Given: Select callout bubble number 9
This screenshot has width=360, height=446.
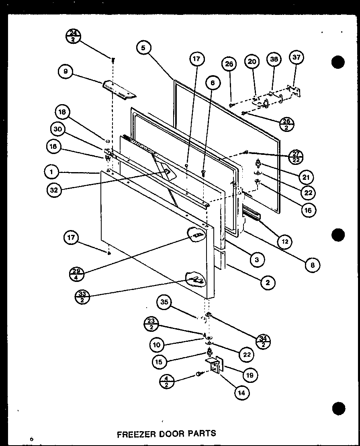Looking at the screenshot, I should (65, 72).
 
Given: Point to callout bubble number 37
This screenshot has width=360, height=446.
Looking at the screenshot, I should (296, 58).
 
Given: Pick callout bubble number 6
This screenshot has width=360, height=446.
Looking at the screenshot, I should (212, 83).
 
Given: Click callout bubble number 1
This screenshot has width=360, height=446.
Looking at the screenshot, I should (51, 173).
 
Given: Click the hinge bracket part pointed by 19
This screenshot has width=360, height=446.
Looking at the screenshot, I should (217, 366).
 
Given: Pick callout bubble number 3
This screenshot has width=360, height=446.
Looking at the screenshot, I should (256, 260).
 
